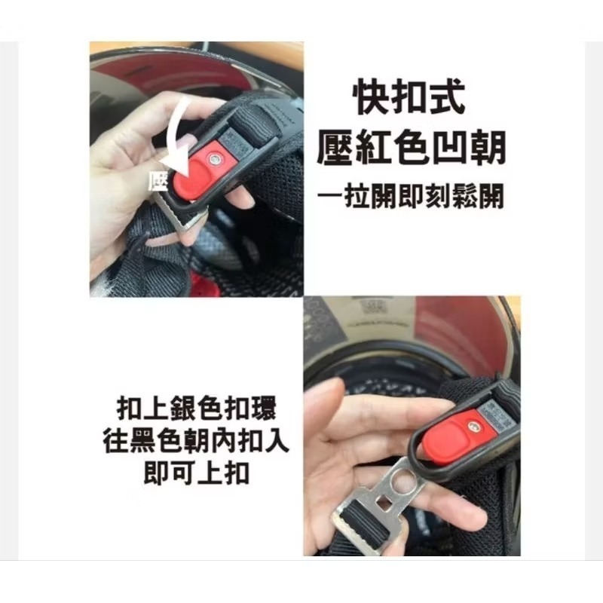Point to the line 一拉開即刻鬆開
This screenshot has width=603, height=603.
[x=411, y=196]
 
